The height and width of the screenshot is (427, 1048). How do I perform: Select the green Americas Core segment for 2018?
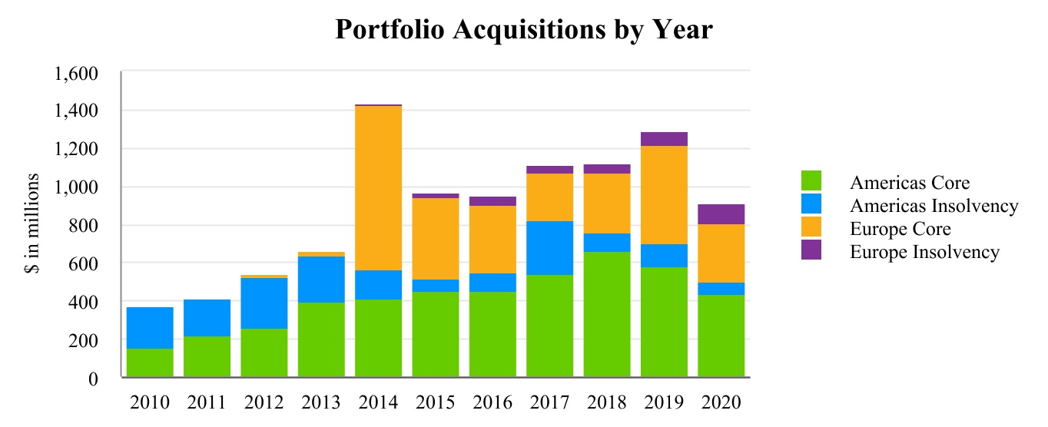click(x=606, y=314)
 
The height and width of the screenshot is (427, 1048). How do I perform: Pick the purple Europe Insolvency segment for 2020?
click(x=721, y=214)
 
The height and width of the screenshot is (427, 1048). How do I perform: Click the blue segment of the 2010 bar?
click(x=150, y=328)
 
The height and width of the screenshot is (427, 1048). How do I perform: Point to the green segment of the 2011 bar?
click(x=207, y=356)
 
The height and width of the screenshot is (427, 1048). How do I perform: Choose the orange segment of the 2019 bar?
click(x=664, y=195)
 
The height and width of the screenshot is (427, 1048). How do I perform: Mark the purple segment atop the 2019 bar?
click(x=664, y=139)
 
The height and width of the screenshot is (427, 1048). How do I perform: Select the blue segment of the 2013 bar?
click(x=321, y=280)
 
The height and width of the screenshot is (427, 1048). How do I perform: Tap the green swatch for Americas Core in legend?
click(x=810, y=182)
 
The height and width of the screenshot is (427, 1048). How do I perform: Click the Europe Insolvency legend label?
click(x=924, y=252)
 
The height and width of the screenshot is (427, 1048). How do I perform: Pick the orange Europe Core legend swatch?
click(x=810, y=228)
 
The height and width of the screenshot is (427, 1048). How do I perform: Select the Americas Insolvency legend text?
click(x=934, y=206)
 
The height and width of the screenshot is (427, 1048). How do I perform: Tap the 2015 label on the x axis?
click(x=435, y=403)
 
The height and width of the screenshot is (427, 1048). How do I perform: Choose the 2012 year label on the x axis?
click(x=264, y=403)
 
